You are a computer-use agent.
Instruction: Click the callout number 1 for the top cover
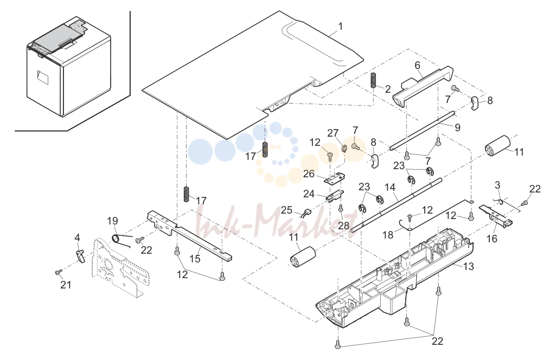pyautogui.click(x=341, y=27)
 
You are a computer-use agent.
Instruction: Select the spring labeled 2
pyautogui.click(x=373, y=80)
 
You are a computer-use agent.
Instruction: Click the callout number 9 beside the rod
pyautogui.click(x=457, y=127)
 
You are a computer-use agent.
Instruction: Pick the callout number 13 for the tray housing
pyautogui.click(x=469, y=266)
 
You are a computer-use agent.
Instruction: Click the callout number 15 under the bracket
pyautogui.click(x=195, y=259)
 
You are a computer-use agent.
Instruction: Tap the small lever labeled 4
pyautogui.click(x=81, y=256)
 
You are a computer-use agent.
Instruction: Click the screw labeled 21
pyautogui.click(x=59, y=272)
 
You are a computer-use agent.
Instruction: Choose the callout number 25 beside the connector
pyautogui.click(x=286, y=210)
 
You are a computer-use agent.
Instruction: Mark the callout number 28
pyautogui.click(x=343, y=226)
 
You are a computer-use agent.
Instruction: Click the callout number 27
pyautogui.click(x=333, y=133)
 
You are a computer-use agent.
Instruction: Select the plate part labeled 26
pyautogui.click(x=335, y=178)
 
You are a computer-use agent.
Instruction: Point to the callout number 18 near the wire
pyautogui.click(x=388, y=235)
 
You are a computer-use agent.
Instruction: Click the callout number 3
pyautogui.click(x=497, y=185)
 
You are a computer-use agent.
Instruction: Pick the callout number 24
pyautogui.click(x=309, y=194)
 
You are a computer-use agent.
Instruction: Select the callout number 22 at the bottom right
pyautogui.click(x=437, y=341)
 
